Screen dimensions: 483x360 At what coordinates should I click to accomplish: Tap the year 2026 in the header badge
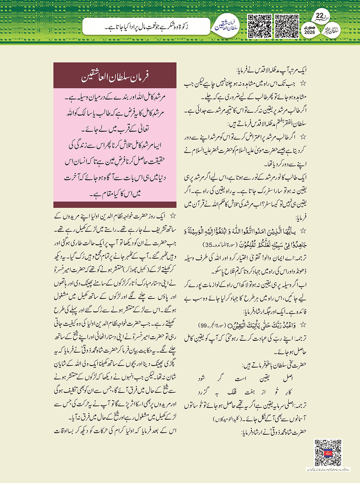click(309, 32)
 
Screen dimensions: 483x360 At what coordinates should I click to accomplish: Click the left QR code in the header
click(260, 26)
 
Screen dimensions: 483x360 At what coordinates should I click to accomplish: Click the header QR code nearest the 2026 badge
click(287, 26)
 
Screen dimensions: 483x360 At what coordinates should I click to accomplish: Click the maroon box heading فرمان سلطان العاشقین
click(115, 76)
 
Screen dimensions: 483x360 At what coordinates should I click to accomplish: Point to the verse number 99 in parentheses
click(203, 325)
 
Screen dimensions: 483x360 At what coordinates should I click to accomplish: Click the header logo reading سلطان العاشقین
click(227, 26)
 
